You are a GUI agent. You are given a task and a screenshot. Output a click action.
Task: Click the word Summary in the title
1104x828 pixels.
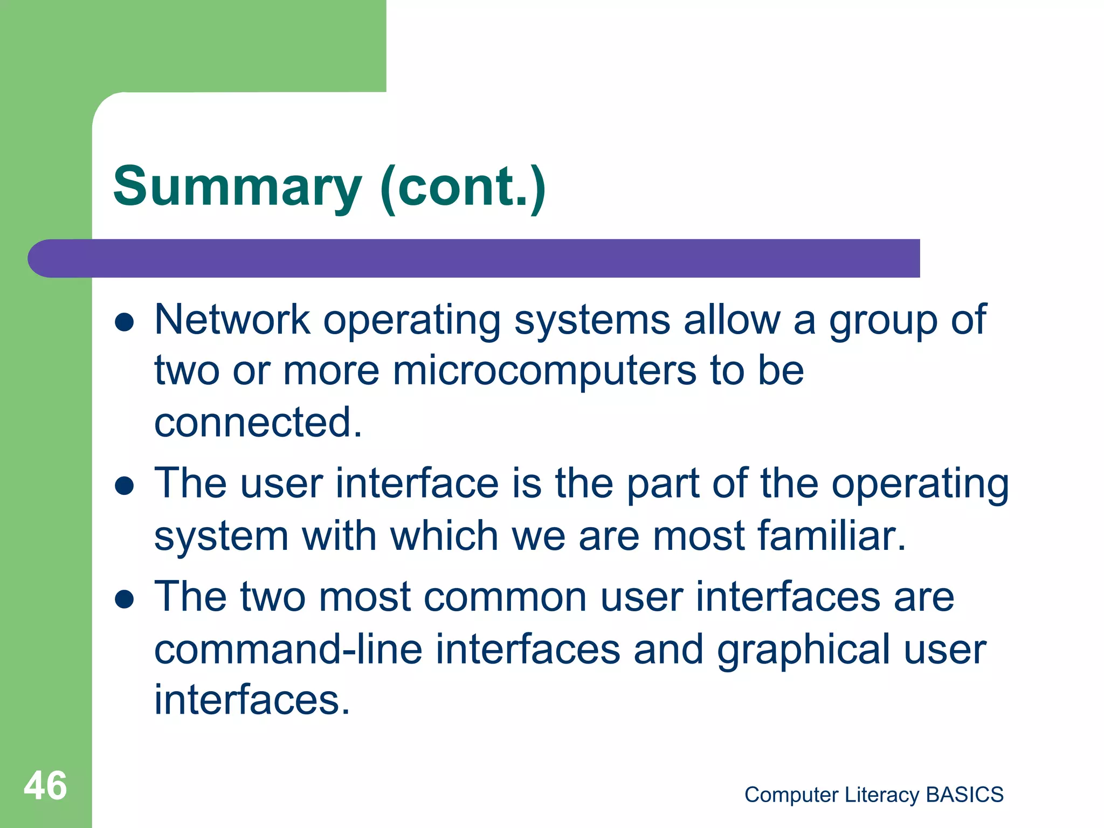tap(237, 187)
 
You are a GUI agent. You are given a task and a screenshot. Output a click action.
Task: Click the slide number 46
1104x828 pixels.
tap(45, 785)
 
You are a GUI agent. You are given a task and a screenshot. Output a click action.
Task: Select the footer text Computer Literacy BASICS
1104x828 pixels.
tap(873, 795)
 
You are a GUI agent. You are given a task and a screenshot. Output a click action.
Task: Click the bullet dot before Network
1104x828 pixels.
tap(125, 322)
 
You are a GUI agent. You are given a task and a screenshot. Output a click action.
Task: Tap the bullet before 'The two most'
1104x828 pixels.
tap(125, 599)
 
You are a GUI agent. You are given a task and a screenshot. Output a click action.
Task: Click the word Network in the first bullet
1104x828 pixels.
tap(232, 320)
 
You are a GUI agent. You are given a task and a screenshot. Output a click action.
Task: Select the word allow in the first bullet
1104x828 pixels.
tap(732, 320)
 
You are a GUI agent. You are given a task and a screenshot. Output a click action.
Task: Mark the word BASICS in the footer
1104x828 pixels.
tap(964, 795)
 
